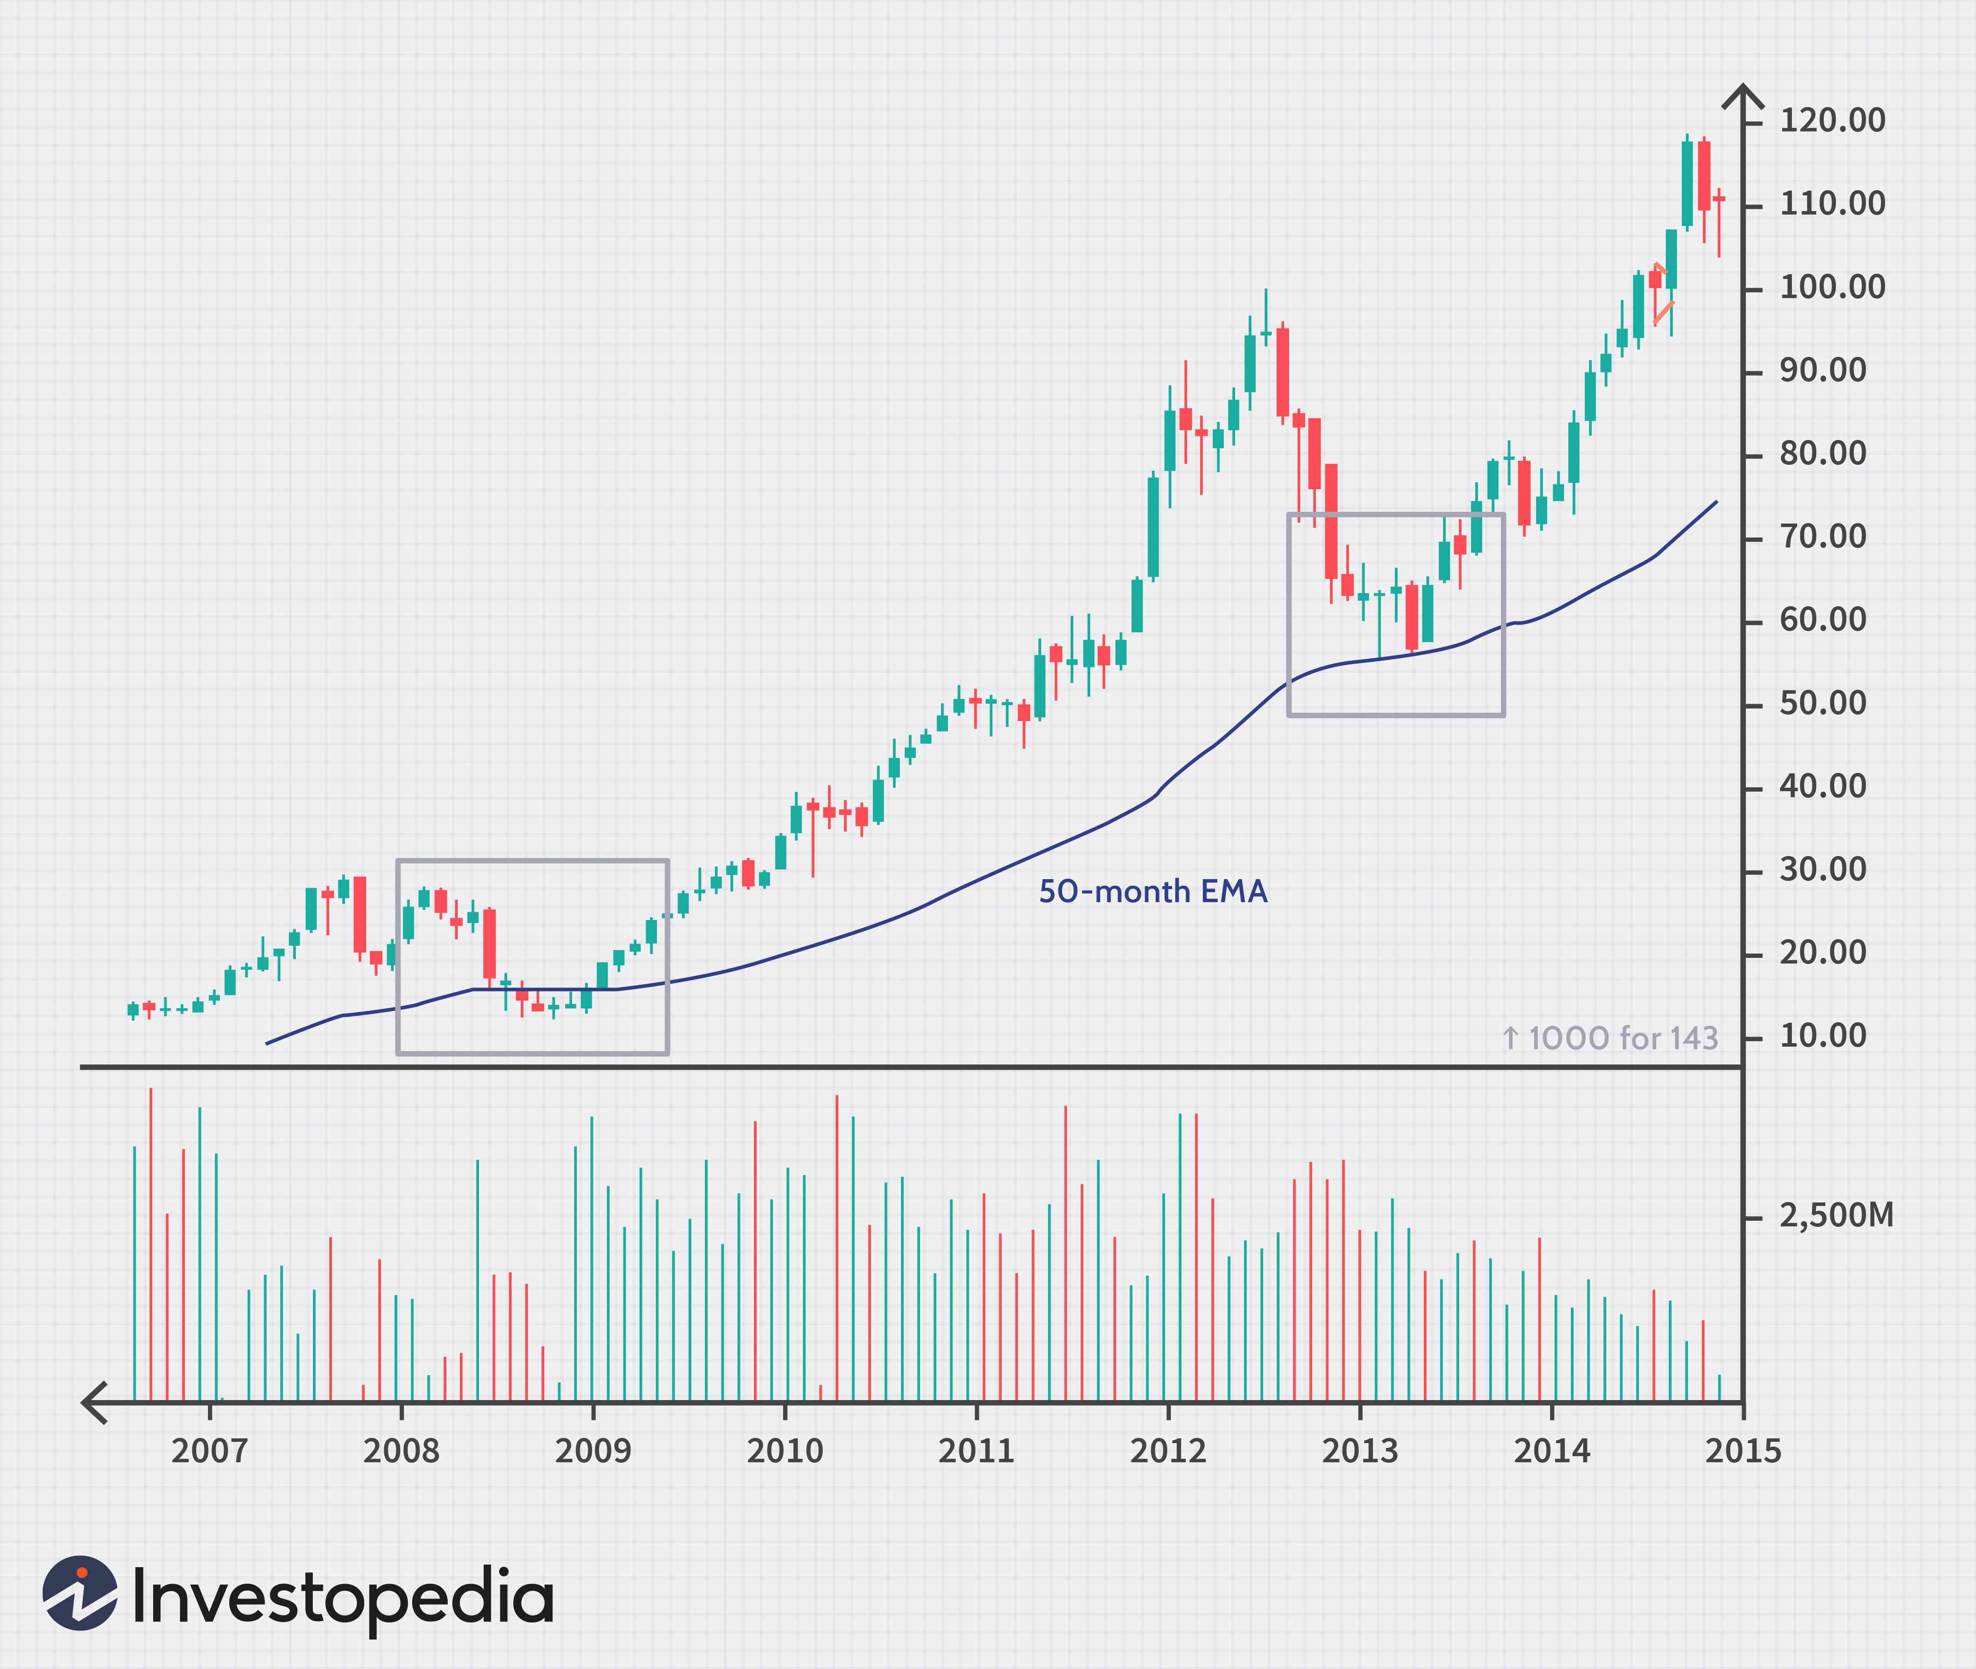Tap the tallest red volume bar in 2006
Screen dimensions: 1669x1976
pyautogui.click(x=151, y=1244)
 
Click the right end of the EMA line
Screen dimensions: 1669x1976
pyautogui.click(x=1716, y=502)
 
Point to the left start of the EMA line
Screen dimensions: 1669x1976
pyautogui.click(x=268, y=1044)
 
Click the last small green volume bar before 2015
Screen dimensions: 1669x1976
pyautogui.click(x=1719, y=1388)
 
